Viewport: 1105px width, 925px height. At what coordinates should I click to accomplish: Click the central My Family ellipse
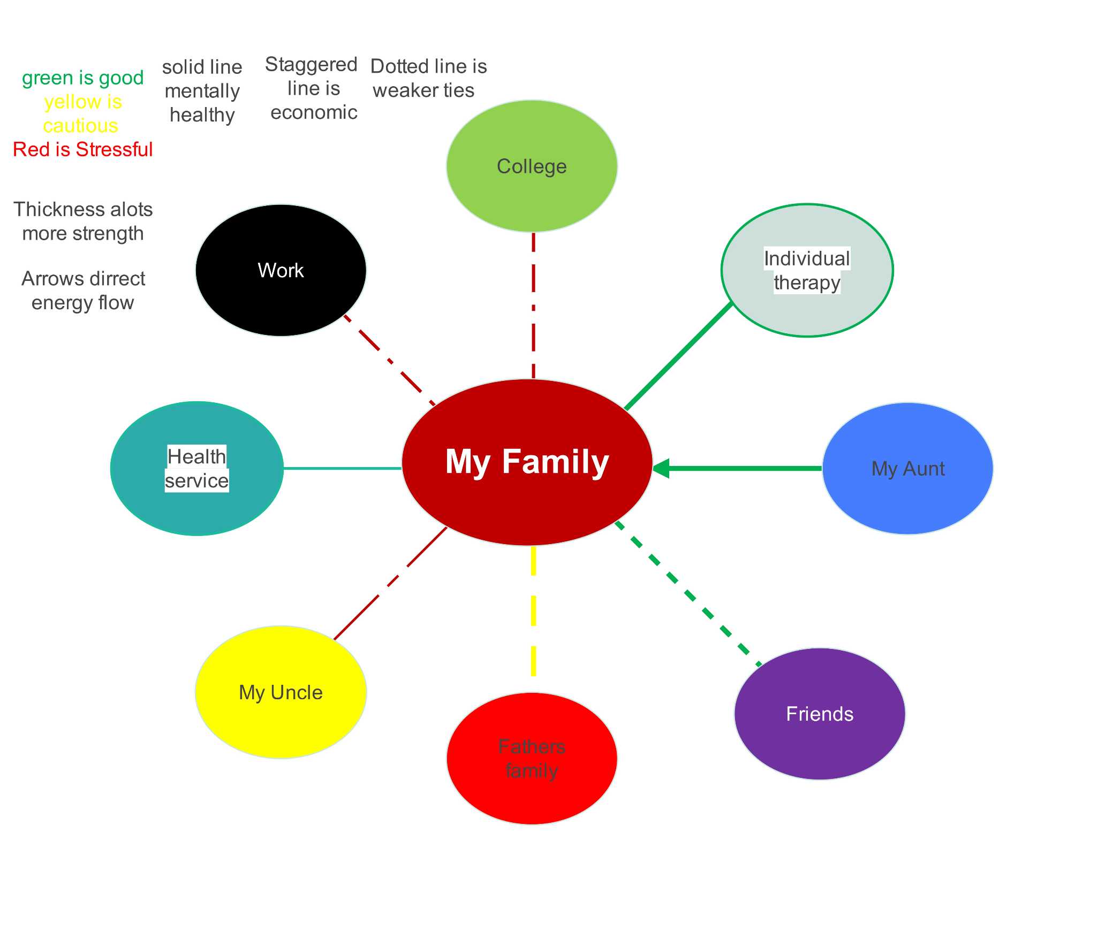[527, 462]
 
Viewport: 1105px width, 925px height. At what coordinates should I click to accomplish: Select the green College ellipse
[532, 166]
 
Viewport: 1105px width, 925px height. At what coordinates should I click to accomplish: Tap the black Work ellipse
[281, 270]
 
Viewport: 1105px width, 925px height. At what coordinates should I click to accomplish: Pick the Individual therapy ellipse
[807, 270]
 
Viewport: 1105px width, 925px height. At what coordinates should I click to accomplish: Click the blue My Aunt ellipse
[907, 469]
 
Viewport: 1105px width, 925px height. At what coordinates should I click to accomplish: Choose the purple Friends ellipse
[820, 714]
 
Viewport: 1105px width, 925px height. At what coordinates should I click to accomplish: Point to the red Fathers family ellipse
[532, 759]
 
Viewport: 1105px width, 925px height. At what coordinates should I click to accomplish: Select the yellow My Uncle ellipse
[281, 692]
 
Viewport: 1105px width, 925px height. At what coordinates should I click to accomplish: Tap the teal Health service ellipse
[196, 469]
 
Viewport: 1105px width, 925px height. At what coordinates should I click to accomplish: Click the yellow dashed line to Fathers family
[533, 610]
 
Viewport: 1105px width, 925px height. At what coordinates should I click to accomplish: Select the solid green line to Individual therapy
[679, 356]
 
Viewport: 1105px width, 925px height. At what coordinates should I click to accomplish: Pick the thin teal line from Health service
[343, 468]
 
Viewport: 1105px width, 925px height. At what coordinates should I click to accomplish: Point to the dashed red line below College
[533, 305]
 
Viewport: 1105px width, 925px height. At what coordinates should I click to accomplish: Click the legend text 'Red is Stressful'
[83, 149]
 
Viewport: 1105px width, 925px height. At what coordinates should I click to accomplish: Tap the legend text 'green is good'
[83, 78]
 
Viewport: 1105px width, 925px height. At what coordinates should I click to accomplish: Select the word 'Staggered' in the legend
[311, 65]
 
